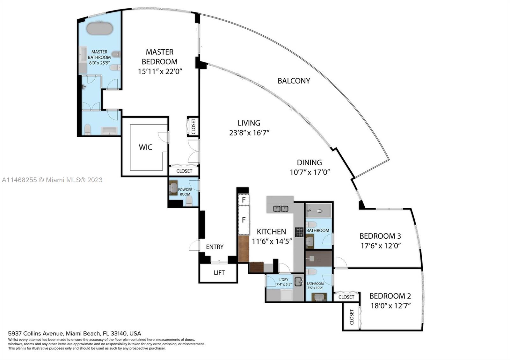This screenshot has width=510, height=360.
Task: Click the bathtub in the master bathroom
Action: [x=100, y=28]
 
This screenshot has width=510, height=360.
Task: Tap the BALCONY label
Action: [x=294, y=81]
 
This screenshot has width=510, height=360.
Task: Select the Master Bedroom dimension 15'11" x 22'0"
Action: [x=160, y=71]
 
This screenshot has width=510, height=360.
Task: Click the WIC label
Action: [x=145, y=147]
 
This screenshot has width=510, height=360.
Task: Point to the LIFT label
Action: [x=219, y=273]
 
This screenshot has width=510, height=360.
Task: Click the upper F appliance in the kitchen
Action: [x=244, y=200]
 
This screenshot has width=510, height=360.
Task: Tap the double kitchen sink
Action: [x=280, y=209]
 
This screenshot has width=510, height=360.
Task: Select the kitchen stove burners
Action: [x=299, y=232]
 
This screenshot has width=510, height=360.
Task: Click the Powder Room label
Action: [x=185, y=192]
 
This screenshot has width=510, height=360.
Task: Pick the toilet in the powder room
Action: [x=189, y=201]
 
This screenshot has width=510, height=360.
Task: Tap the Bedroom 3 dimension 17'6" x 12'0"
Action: [x=380, y=246]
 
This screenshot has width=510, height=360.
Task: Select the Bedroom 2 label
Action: [x=390, y=296]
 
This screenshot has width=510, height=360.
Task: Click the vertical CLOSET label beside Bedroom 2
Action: [x=352, y=317]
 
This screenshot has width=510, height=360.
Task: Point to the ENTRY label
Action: [x=215, y=247]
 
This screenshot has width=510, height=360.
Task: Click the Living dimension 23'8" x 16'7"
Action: [x=249, y=133]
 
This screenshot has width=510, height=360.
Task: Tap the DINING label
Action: [x=309, y=162]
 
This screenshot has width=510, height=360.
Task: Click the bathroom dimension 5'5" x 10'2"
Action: [x=315, y=288]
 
